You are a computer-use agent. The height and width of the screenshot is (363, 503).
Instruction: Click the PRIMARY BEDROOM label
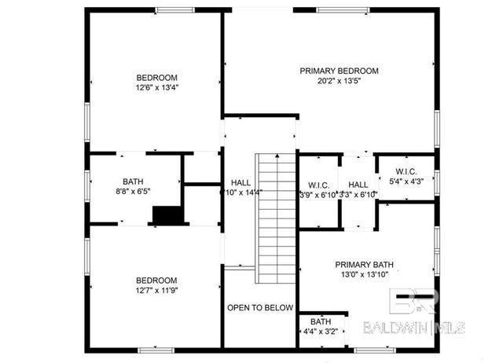(x=339, y=71)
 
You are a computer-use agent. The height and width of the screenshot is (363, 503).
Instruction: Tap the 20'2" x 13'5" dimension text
(x=339, y=81)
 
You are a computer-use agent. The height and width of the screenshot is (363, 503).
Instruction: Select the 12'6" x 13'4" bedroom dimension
(x=156, y=88)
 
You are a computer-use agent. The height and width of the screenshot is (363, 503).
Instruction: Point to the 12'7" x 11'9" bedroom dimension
(x=156, y=291)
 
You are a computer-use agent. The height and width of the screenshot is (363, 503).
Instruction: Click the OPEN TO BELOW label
(x=260, y=308)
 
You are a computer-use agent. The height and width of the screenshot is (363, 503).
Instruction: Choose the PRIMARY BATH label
(x=364, y=265)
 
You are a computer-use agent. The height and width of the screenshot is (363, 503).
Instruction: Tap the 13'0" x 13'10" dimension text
(x=364, y=275)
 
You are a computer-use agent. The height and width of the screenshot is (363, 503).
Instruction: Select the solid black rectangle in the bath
(x=167, y=214)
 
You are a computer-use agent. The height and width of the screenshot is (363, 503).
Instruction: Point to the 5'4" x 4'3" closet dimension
(x=406, y=181)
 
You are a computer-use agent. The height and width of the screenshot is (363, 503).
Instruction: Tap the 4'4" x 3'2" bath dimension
(x=321, y=332)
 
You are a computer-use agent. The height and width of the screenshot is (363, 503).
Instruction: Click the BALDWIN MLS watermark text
(x=414, y=327)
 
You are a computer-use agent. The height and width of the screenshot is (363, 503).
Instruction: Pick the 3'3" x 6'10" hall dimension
(x=358, y=194)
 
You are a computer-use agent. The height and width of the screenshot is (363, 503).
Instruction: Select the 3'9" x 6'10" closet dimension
(x=318, y=194)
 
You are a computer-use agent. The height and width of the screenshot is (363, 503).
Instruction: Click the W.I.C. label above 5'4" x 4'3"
(x=406, y=171)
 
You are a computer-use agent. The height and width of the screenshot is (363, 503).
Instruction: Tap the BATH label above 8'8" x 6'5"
(x=133, y=180)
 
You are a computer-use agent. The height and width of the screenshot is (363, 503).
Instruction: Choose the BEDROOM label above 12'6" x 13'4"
(x=156, y=77)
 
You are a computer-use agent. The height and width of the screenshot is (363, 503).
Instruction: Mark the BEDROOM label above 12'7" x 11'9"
(x=156, y=280)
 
